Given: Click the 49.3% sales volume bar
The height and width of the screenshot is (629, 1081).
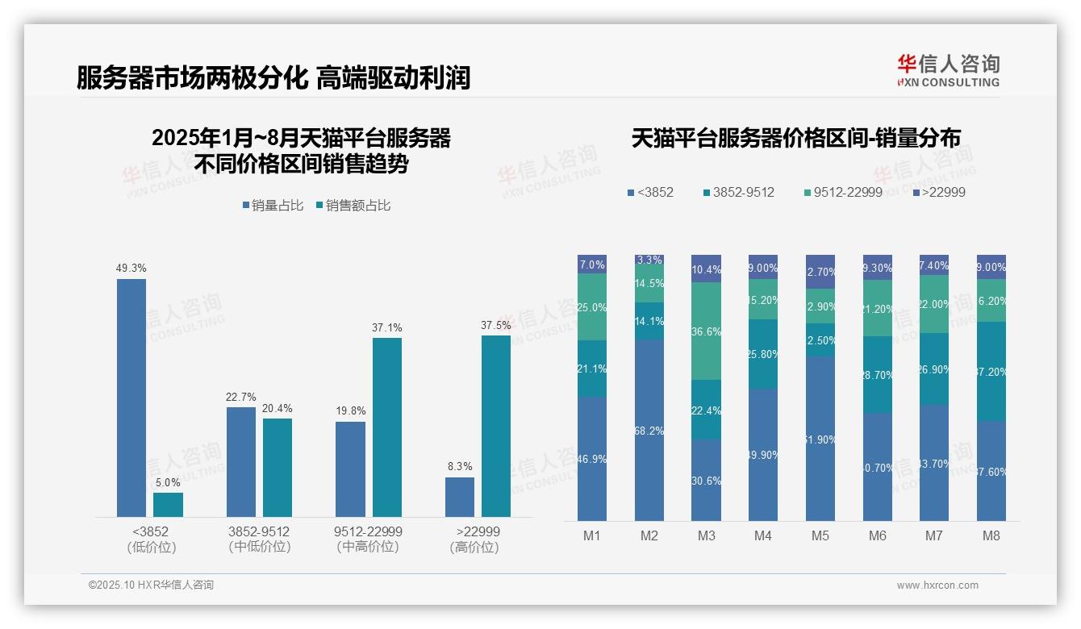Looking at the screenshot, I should coord(131,398).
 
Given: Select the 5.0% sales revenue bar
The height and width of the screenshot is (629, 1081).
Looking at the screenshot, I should coord(168,505).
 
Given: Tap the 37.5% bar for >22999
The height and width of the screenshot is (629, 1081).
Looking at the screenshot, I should coord(496,426).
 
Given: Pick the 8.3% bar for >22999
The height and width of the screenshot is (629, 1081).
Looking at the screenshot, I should coord(460,497).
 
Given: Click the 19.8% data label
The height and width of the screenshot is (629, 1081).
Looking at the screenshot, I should coord(350,411).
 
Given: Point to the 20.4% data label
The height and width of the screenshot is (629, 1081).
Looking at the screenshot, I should coord(278,408).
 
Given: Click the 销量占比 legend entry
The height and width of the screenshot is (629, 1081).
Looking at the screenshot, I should coord(273,206).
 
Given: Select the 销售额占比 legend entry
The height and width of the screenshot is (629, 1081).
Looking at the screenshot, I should coord(353,206).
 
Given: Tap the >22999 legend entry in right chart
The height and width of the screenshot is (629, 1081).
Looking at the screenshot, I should coord(938,192).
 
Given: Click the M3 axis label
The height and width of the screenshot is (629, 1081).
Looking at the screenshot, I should coord(706,535).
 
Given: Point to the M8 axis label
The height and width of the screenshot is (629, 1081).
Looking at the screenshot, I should coord(991,535).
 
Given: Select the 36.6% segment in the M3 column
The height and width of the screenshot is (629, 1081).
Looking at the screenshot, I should coord(706,331).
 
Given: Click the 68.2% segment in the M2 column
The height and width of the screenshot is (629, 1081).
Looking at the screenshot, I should coord(649,430).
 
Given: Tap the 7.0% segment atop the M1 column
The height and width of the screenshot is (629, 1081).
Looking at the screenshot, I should coord(592,265).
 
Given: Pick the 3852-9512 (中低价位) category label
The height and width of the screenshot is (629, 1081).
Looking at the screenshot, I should coord(259,539).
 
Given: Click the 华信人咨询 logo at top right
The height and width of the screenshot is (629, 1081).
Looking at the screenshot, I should coord(948,69).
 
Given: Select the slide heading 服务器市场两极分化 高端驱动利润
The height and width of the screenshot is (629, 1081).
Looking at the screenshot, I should coord(273,78).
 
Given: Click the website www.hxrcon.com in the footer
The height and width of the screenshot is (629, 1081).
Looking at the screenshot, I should coord(937,585).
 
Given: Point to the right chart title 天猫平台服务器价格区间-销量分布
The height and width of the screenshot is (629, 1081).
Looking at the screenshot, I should coord(795,139).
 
